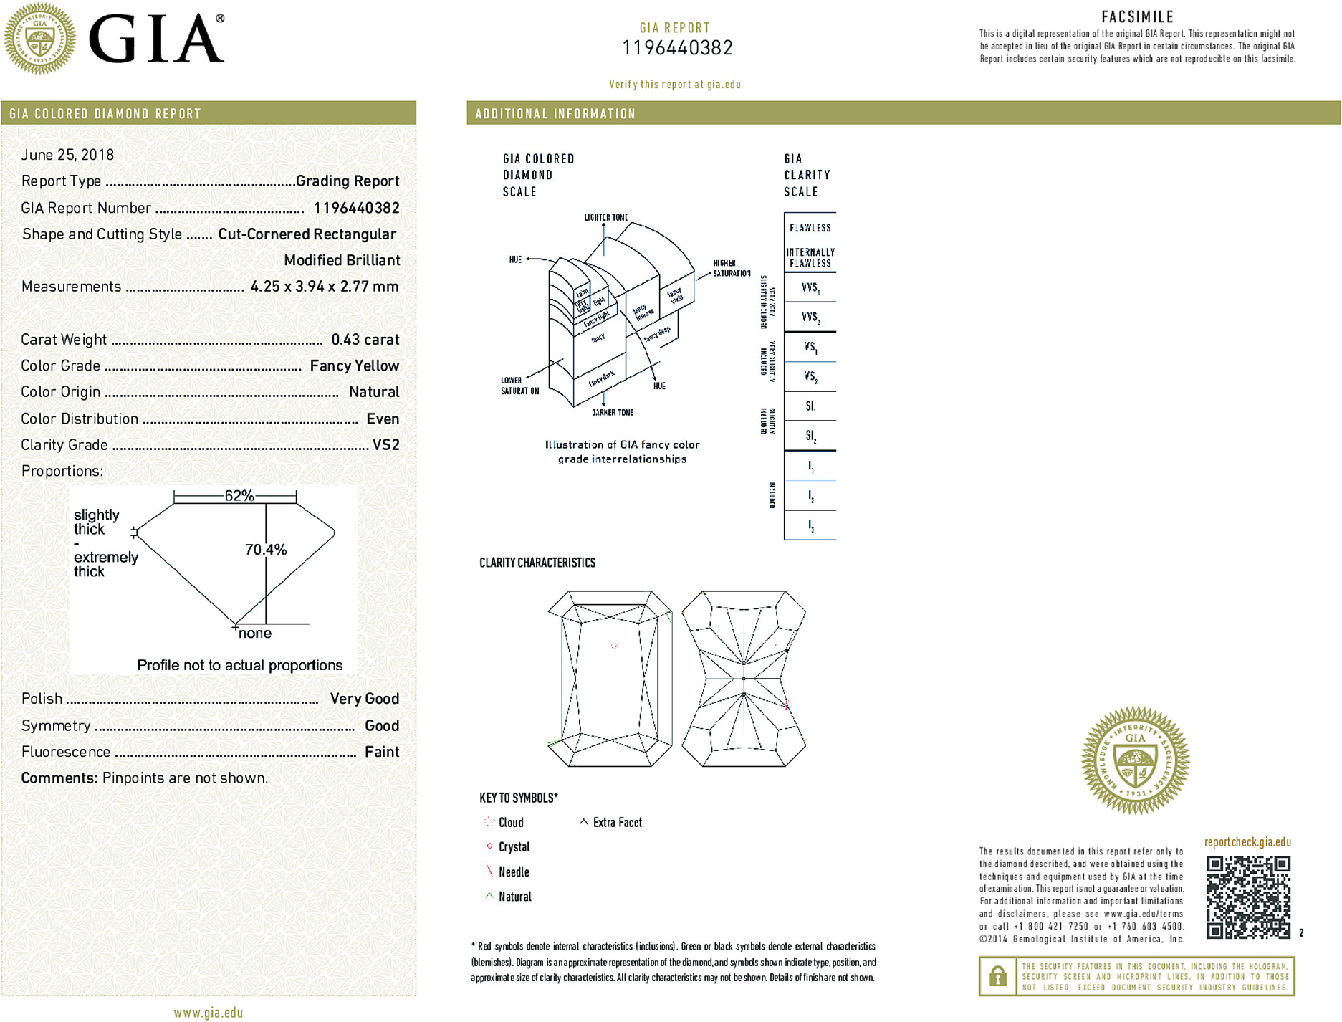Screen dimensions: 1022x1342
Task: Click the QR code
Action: (x=1247, y=897)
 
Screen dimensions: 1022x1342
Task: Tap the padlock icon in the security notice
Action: (x=997, y=976)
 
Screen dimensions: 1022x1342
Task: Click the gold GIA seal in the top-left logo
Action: (x=40, y=38)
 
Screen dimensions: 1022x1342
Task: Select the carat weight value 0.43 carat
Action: (x=365, y=340)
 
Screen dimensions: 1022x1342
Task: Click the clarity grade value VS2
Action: (x=385, y=445)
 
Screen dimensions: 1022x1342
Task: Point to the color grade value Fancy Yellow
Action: (x=354, y=366)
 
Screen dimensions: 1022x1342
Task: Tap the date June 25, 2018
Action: (x=67, y=155)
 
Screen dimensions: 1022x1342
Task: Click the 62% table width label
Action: (x=239, y=495)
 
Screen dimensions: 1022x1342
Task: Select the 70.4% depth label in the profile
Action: (x=266, y=550)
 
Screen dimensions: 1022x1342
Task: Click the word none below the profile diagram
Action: (x=255, y=634)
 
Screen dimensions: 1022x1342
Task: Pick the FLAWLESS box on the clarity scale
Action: (x=810, y=228)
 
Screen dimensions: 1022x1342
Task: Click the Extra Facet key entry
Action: (x=616, y=823)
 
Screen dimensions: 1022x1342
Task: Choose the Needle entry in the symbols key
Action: (x=513, y=872)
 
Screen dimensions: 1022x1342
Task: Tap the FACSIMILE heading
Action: (x=1137, y=16)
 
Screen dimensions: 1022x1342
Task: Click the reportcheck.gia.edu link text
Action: (x=1247, y=842)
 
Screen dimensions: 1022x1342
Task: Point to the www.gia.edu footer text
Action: (x=209, y=1013)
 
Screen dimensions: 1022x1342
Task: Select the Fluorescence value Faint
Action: (x=381, y=752)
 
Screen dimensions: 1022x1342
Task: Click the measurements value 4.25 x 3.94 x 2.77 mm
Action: (x=324, y=287)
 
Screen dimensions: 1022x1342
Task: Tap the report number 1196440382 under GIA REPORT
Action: (x=677, y=48)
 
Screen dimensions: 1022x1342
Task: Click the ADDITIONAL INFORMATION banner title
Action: (x=555, y=114)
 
